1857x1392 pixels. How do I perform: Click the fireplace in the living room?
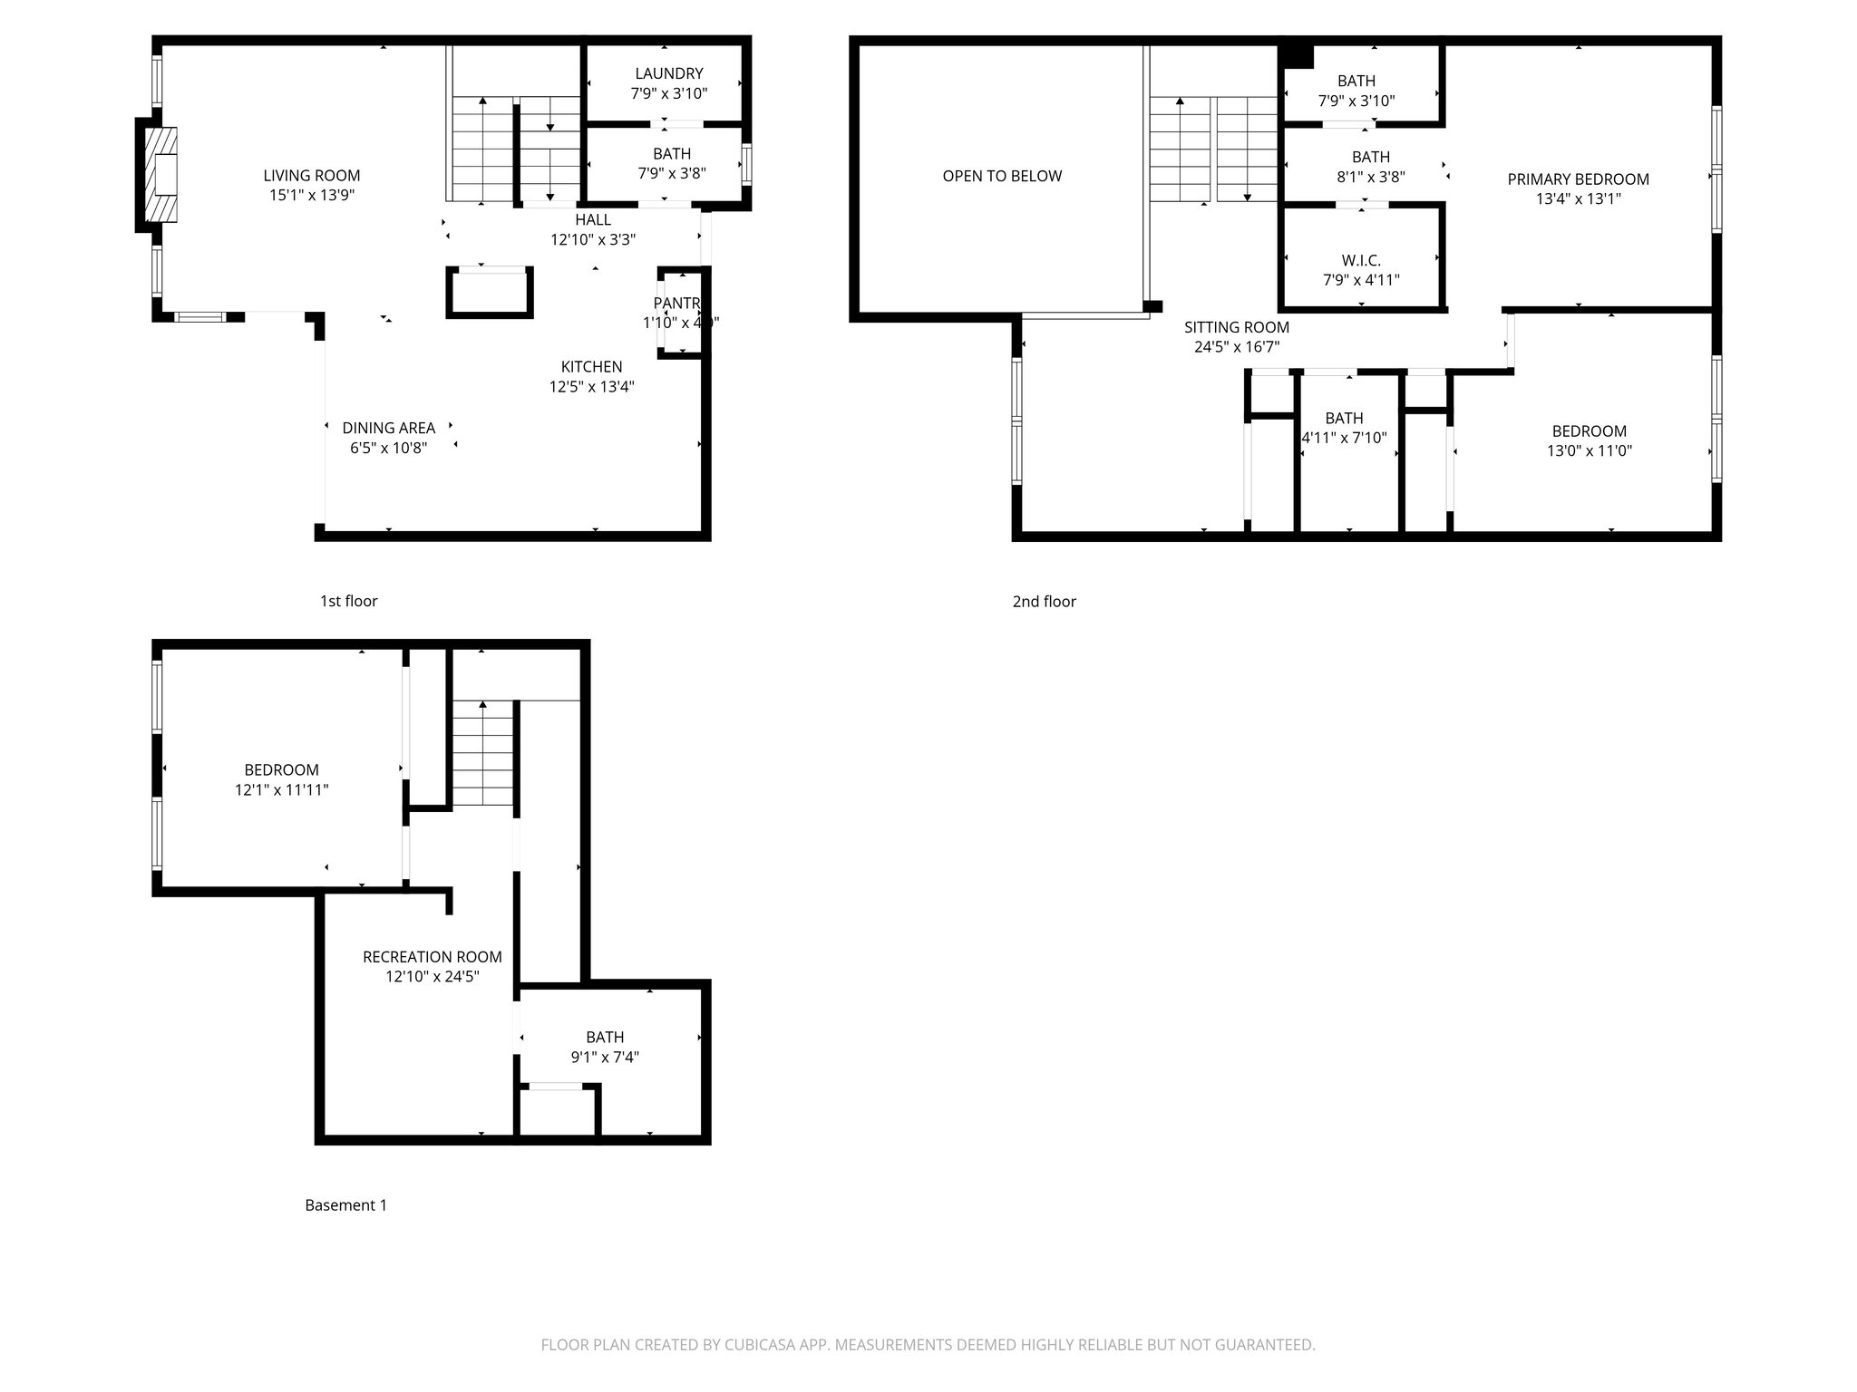tap(162, 175)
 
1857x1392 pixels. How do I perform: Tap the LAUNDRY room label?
tap(669, 73)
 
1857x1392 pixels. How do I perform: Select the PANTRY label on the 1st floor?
tap(676, 303)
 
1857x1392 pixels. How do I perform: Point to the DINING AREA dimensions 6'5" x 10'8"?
tap(388, 448)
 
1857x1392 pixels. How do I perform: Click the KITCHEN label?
tap(591, 367)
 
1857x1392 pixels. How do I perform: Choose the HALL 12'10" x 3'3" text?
tap(593, 230)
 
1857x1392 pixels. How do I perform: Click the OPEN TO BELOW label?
tap(1002, 176)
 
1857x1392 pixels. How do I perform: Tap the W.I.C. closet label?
tap(1361, 261)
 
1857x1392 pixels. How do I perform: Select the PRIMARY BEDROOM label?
tap(1578, 179)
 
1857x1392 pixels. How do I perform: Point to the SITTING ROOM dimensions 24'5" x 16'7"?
tap(1237, 347)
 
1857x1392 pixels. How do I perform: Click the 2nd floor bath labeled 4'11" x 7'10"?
tap(1344, 428)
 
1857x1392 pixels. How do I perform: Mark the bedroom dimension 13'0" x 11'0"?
tap(1589, 450)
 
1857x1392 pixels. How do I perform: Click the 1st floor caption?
tap(348, 601)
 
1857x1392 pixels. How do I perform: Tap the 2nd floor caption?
tap(1044, 602)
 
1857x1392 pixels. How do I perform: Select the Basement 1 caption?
tap(345, 1205)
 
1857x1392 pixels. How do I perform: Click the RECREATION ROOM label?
tap(432, 957)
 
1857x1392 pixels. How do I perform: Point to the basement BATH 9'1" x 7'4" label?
tap(605, 1047)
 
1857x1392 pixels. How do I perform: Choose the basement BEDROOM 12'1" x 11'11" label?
tap(281, 780)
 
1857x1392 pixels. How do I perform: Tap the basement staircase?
tap(483, 754)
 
